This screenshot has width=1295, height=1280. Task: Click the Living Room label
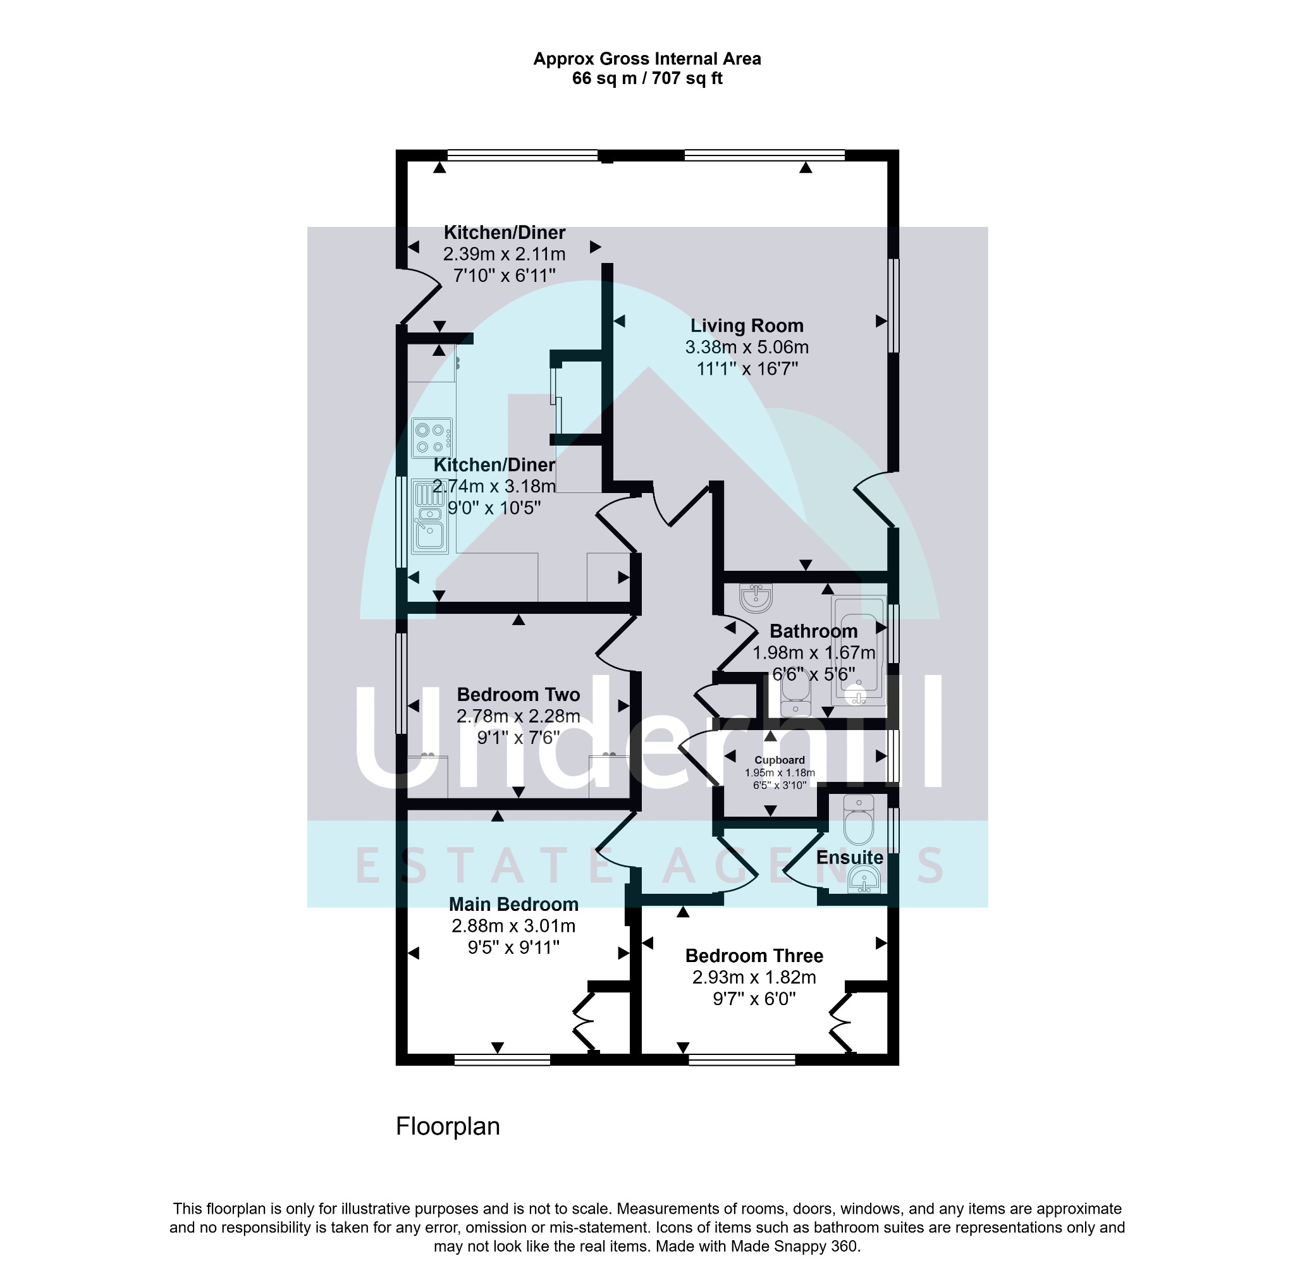747,326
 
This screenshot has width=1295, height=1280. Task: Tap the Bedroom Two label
518,694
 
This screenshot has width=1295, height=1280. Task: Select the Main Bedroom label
513,904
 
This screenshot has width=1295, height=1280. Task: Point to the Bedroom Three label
754,956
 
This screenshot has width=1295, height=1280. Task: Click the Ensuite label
849,857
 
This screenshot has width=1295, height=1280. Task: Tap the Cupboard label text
780,760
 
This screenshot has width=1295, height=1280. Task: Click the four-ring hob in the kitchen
433,437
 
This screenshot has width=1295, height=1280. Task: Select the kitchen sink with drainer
429,516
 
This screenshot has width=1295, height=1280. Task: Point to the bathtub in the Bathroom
858,650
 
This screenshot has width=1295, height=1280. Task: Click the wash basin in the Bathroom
756,597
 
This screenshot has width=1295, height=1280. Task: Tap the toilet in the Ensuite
859,820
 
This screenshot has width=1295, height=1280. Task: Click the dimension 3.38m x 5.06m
747,347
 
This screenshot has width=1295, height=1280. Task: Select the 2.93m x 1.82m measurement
754,977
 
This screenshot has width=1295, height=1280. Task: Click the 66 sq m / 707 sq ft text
647,78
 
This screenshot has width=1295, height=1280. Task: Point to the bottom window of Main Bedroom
502,1059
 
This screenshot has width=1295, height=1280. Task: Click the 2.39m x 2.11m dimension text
504,254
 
